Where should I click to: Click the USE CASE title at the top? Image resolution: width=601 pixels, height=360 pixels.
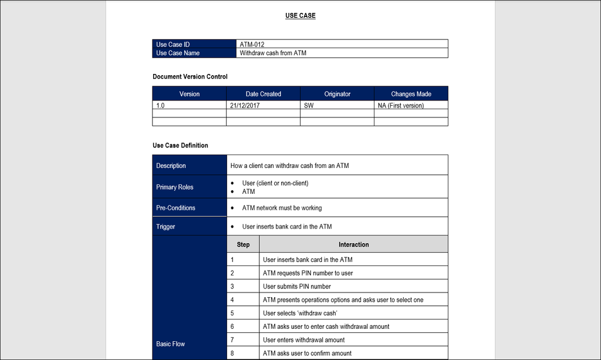pyautogui.click(x=300, y=16)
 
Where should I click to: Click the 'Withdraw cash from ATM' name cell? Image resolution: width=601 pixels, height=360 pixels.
pyautogui.click(x=273, y=53)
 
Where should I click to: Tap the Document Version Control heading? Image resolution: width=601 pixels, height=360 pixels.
pyautogui.click(x=190, y=77)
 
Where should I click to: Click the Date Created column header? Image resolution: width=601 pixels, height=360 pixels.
pyautogui.click(x=263, y=94)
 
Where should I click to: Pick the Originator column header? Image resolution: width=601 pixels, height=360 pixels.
pyautogui.click(x=337, y=94)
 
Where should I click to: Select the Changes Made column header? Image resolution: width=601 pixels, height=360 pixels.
pyautogui.click(x=411, y=94)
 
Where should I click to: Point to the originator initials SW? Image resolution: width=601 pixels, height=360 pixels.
pyautogui.click(x=309, y=106)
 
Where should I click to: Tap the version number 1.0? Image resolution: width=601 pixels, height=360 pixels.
pyautogui.click(x=160, y=106)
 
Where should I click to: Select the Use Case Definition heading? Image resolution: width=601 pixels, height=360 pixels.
pyautogui.click(x=180, y=146)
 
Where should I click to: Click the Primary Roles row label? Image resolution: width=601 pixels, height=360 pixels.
pyautogui.click(x=174, y=187)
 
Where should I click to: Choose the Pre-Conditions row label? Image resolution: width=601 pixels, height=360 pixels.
pyautogui.click(x=175, y=208)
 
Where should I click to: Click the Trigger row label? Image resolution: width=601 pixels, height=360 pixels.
pyautogui.click(x=166, y=227)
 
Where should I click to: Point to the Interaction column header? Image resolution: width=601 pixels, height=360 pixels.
pyautogui.click(x=353, y=244)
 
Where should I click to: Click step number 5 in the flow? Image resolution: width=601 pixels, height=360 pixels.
pyautogui.click(x=232, y=314)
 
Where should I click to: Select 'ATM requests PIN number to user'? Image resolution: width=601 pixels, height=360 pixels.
pyautogui.click(x=308, y=273)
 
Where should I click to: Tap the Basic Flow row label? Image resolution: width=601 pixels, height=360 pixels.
pyautogui.click(x=170, y=344)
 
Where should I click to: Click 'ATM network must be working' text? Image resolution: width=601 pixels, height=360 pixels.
pyautogui.click(x=282, y=208)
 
